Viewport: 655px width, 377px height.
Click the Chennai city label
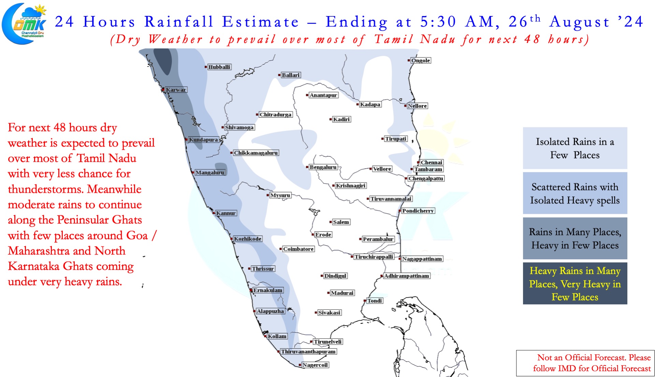click(432, 162)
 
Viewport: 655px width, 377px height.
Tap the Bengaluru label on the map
click(323, 167)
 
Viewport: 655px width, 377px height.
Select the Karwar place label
click(176, 90)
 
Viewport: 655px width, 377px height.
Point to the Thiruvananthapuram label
click(308, 351)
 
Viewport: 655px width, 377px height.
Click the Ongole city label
click(421, 60)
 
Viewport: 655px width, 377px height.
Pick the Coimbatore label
click(299, 249)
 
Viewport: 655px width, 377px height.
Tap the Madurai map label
click(342, 293)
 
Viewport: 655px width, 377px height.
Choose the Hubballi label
click(219, 67)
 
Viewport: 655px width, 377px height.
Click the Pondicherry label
click(418, 211)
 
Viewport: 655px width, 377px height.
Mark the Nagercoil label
click(315, 365)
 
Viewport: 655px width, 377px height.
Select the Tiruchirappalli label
click(374, 257)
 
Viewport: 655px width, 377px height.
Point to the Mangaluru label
click(210, 173)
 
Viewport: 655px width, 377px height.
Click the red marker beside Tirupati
click(382, 139)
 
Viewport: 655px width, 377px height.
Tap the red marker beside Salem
click(331, 222)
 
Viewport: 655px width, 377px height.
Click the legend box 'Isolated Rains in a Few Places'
click(575, 148)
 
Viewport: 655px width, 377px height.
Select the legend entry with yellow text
click(575, 284)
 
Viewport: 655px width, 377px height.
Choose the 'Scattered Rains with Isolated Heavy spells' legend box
click(575, 193)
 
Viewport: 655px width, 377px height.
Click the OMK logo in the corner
click(24, 24)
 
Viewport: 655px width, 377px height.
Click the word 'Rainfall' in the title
click(179, 22)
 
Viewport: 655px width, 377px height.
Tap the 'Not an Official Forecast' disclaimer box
click(585, 363)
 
